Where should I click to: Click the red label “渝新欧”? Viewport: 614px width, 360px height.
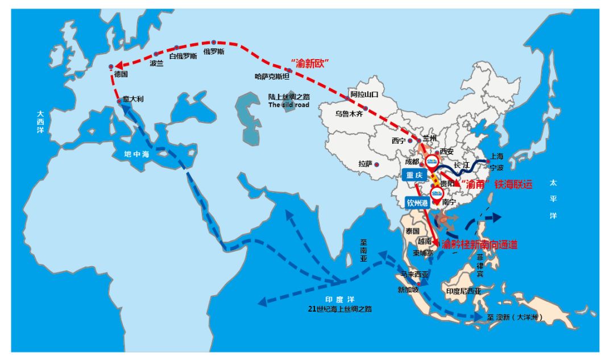[310, 62]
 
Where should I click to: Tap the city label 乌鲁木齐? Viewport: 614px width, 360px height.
[349, 114]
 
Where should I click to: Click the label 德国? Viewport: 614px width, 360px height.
[121, 74]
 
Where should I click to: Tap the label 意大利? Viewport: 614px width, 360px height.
[134, 99]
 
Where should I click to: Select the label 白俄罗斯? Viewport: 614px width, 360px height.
[183, 56]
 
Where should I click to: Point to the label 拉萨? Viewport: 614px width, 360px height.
[364, 164]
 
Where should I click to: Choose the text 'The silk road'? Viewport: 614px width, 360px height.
[289, 105]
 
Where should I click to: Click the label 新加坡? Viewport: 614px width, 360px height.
[408, 289]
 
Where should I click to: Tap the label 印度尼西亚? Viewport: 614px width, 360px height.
[463, 291]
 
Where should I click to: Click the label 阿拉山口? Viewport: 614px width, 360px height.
[364, 94]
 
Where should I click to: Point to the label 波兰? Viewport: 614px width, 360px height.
[156, 64]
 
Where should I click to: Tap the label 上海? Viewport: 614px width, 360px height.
[496, 156]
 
